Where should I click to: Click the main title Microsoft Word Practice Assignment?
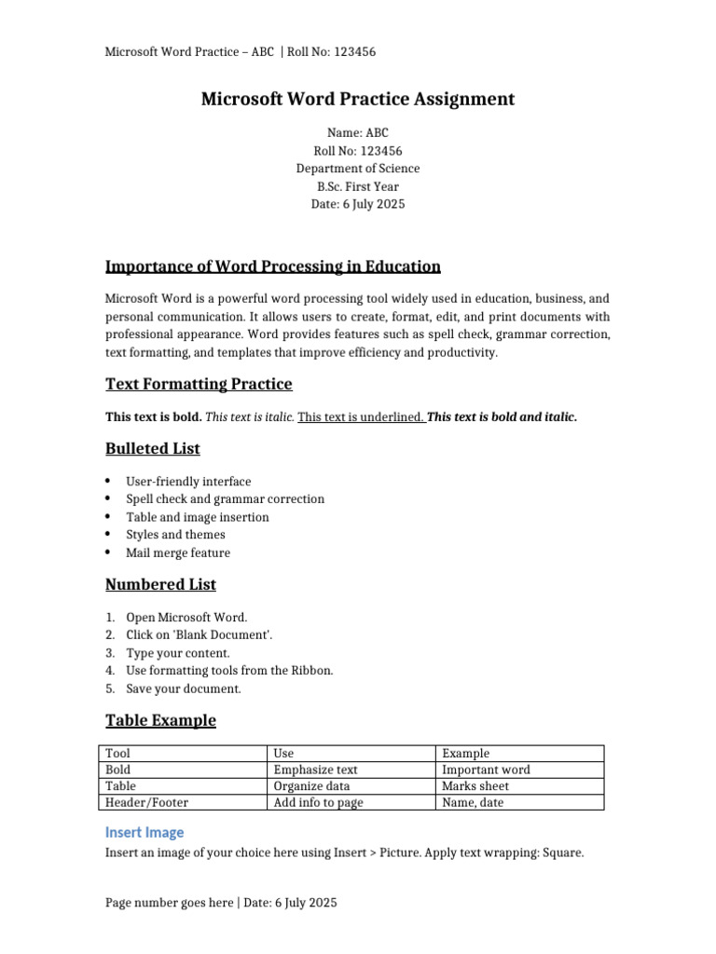point(358,99)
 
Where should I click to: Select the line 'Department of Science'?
point(358,169)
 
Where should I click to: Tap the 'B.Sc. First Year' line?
point(358,186)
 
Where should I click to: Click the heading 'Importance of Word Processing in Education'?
point(273,266)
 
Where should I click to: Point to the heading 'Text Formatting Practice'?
point(199,384)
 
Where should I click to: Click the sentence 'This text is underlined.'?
point(361,417)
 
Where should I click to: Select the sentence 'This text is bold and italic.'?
point(503,417)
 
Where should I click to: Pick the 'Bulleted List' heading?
point(153,448)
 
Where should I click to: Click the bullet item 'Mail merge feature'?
point(178,552)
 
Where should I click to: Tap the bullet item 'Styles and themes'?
point(175,535)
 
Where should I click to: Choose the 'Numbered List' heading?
point(160,584)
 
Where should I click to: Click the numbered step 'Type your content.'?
point(178,653)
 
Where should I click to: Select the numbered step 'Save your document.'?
point(184,688)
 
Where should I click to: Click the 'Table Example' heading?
point(160,720)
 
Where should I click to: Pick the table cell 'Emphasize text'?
point(316,770)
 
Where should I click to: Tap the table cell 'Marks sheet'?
point(475,786)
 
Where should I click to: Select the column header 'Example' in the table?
point(466,753)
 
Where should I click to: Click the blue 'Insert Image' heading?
point(145,832)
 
